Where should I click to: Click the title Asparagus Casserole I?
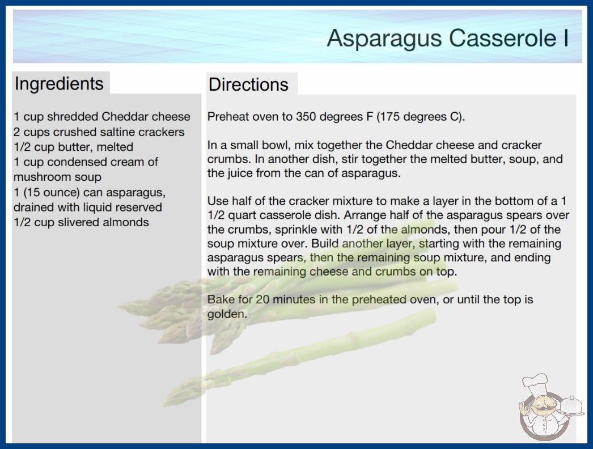coord(448,39)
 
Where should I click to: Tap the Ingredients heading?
coord(59,84)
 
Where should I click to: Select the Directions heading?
coord(248,84)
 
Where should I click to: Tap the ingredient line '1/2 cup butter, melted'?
coord(73,147)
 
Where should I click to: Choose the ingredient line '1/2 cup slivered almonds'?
coord(81,222)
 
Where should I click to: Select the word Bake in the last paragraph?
coord(221,299)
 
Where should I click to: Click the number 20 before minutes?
coord(262,299)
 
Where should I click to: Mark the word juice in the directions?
coord(239,173)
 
